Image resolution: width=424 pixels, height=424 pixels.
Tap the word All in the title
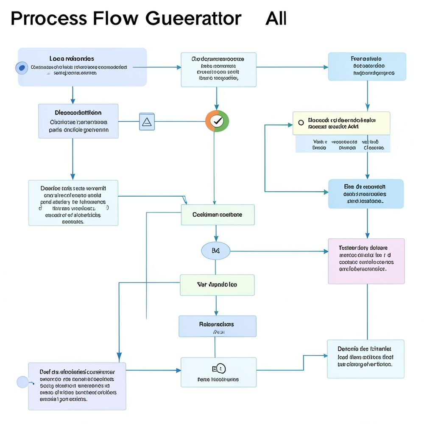point(276,19)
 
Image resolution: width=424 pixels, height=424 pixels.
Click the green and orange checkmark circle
point(217,121)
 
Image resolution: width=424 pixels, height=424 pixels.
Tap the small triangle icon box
point(147,122)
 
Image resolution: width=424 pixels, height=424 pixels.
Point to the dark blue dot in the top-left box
point(22,68)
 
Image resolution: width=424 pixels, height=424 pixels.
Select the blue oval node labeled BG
point(215,251)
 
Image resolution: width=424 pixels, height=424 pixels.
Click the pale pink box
point(366,261)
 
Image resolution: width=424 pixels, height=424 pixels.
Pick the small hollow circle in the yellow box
point(301,123)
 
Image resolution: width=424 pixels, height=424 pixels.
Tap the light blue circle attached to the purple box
point(22,382)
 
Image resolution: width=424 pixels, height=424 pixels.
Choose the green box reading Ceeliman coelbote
point(218,215)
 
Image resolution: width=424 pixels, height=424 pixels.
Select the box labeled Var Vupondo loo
point(217,285)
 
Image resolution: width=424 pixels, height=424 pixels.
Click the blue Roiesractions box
point(217,326)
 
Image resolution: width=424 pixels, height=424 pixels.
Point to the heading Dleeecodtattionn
point(78,113)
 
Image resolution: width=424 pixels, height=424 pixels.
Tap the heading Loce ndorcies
point(72,59)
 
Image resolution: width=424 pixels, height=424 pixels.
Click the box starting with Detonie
point(365,359)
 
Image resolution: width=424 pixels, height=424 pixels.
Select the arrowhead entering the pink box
point(326,251)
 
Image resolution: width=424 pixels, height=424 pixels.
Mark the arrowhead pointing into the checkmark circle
point(217,108)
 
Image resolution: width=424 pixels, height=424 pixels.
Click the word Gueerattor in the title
point(193,19)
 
